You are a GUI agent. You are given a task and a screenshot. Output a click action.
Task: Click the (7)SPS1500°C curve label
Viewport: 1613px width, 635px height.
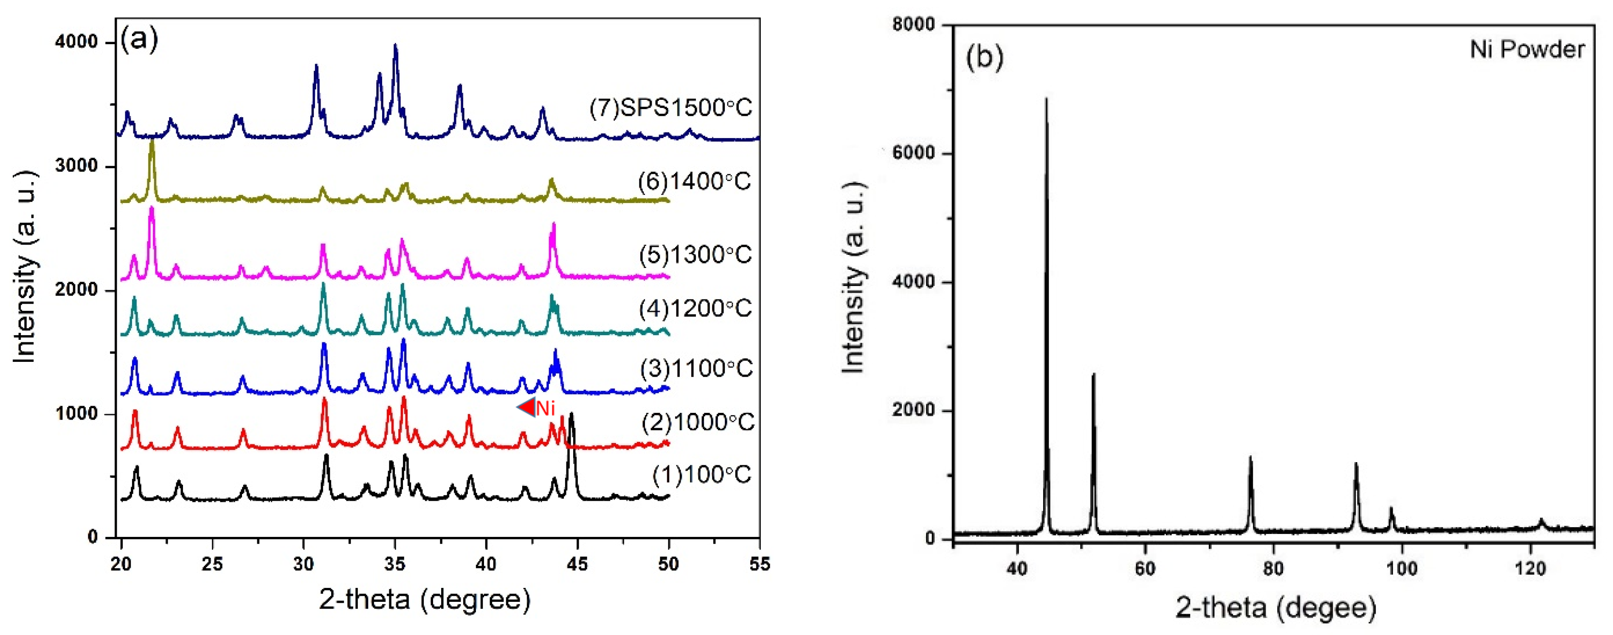670,108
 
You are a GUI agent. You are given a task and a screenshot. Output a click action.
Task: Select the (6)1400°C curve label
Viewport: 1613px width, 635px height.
694,182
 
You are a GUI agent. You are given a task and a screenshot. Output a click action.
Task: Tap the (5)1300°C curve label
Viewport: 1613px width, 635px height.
695,255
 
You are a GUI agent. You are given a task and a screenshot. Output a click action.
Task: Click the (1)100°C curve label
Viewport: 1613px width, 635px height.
701,475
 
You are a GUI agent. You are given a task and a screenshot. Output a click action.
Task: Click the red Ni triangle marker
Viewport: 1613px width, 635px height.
526,407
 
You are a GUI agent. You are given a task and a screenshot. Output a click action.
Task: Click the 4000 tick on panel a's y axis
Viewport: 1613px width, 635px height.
76,42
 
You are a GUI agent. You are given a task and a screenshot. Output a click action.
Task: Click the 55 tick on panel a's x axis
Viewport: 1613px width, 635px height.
759,564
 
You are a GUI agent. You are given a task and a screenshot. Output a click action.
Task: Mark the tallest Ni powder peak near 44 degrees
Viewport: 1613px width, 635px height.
1046,100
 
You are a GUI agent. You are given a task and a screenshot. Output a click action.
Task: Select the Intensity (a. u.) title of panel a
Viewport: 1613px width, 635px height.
25,266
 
